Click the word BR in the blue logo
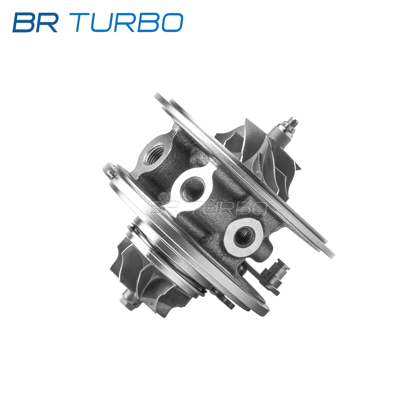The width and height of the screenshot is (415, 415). pyautogui.click(x=36, y=22)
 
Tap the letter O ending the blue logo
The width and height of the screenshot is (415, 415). pyautogui.click(x=172, y=22)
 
